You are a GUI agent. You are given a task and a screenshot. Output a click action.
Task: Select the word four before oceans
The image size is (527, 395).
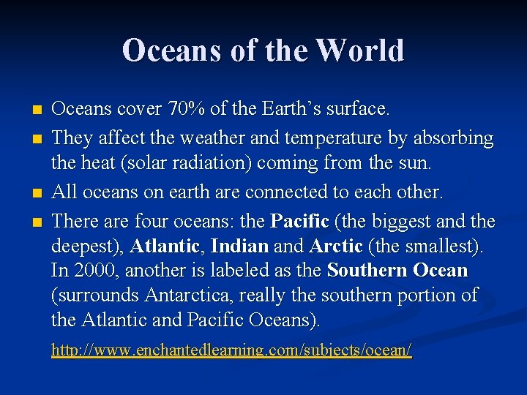click(155, 220)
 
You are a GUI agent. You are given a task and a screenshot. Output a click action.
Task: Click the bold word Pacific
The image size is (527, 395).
click(300, 220)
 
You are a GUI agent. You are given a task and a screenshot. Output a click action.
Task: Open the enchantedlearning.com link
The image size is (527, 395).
click(231, 350)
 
